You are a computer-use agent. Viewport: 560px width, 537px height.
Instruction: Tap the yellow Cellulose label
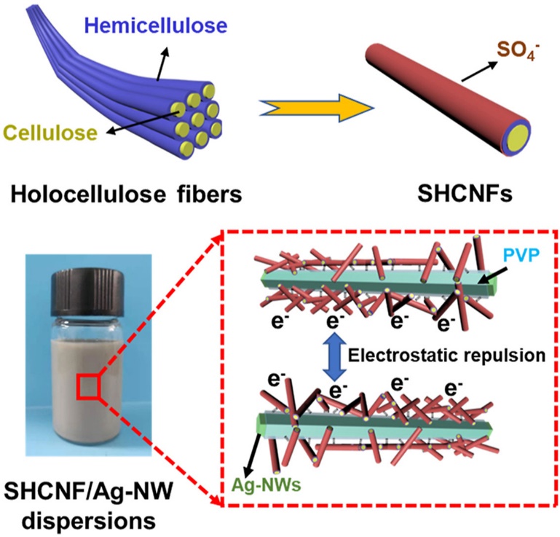[50, 133]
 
